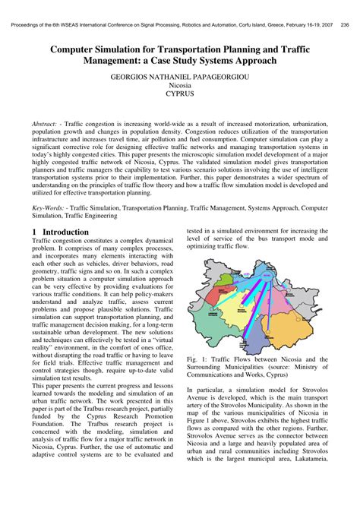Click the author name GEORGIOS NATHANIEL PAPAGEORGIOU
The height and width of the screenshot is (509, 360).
pos(179,77)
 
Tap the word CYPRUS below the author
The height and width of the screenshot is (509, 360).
pos(179,97)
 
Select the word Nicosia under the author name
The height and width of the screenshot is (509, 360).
pos(179,87)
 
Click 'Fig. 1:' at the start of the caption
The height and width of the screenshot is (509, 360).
pos(196,359)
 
